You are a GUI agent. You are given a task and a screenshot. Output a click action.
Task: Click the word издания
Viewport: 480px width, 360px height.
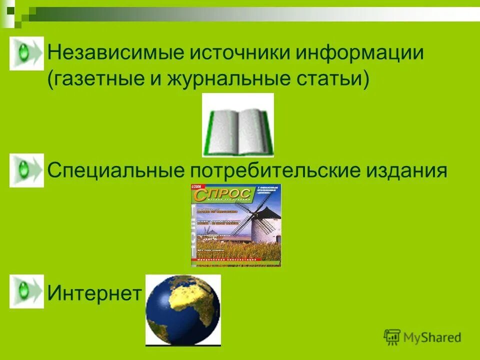click(406, 171)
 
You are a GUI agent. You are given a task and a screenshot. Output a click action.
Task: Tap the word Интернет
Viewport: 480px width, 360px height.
click(94, 293)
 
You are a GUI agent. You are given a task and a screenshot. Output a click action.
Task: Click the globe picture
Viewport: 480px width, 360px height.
click(182, 310)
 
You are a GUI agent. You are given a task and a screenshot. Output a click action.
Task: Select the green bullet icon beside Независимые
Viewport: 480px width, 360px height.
click(26, 53)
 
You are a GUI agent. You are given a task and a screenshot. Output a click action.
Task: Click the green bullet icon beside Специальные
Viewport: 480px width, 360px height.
click(26, 170)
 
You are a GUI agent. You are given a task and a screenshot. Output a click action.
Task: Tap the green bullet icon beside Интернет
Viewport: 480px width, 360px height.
click(26, 291)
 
